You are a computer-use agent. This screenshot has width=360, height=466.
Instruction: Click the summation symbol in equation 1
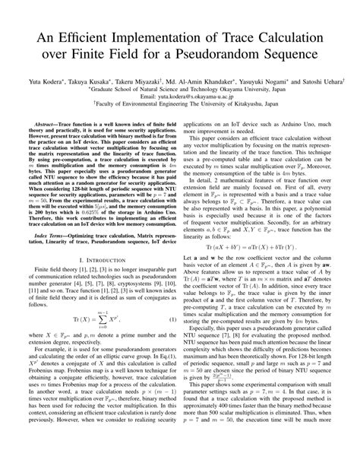coord(98,339)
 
